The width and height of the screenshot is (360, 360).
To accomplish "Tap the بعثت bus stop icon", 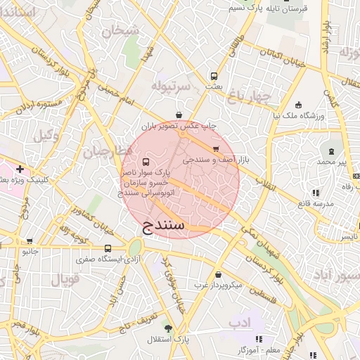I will [x=214, y=77].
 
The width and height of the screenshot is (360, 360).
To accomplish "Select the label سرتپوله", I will [x=170, y=86].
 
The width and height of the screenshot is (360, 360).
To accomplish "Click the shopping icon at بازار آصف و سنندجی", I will [x=215, y=148].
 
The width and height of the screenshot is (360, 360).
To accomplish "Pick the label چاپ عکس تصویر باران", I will [x=179, y=127].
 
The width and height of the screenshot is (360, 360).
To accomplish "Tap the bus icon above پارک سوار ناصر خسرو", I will [x=146, y=162].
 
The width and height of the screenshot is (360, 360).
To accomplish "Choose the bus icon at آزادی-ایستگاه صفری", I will [x=108, y=248].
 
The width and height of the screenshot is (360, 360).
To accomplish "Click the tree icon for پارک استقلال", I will [x=167, y=329].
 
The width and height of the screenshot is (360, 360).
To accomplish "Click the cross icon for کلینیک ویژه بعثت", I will [x=20, y=169].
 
